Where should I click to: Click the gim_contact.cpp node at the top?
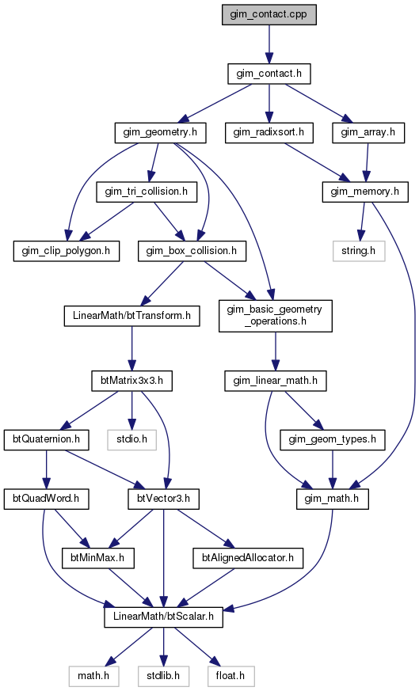click(x=269, y=14)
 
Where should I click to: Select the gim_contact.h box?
click(x=269, y=74)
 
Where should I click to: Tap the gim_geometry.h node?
click(x=160, y=133)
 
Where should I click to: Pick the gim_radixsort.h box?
click(x=269, y=133)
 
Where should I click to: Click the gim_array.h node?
click(x=368, y=133)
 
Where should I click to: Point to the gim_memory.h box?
click(x=365, y=192)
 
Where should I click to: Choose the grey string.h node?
click(x=359, y=251)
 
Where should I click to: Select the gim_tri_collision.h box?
click(x=147, y=192)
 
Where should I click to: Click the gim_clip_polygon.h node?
click(x=67, y=251)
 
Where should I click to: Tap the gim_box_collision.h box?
click(x=192, y=251)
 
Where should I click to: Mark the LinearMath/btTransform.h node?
click(x=131, y=316)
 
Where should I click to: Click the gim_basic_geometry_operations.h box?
click(x=275, y=316)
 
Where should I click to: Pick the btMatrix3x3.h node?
click(x=131, y=381)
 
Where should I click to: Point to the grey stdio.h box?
click(x=131, y=440)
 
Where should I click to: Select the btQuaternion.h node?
click(x=46, y=440)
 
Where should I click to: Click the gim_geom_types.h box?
click(x=333, y=440)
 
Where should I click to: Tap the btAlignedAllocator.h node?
click(x=248, y=558)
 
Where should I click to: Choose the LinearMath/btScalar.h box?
click(x=164, y=617)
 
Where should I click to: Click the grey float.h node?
click(x=230, y=676)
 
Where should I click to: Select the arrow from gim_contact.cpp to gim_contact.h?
click(x=269, y=44)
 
